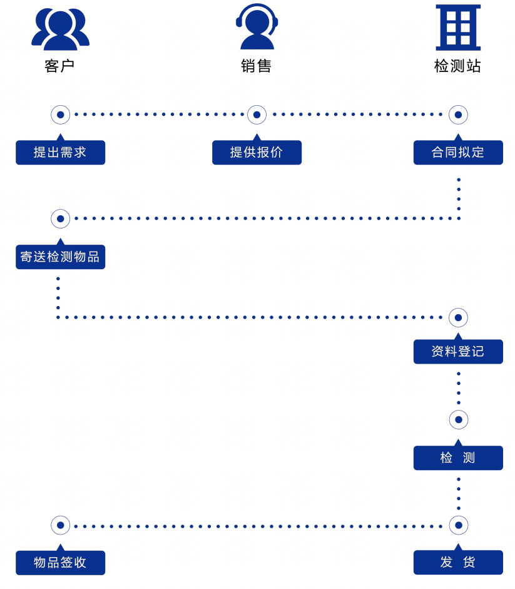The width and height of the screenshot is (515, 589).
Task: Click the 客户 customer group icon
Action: click(x=61, y=29)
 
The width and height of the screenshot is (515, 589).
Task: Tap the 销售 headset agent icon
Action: click(x=257, y=26)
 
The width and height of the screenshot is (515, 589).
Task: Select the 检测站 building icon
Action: click(x=458, y=28)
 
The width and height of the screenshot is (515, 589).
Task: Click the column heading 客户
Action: click(x=59, y=66)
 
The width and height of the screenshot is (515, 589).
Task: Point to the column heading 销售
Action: click(x=256, y=66)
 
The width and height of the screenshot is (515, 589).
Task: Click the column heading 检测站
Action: click(x=457, y=66)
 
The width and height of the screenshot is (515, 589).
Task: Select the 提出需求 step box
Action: click(x=61, y=152)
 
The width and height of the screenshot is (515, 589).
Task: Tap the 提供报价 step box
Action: click(x=257, y=152)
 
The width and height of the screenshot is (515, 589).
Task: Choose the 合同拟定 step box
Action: click(x=458, y=152)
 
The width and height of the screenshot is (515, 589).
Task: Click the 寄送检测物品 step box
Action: click(x=61, y=257)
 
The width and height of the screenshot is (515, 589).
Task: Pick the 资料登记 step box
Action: click(x=458, y=352)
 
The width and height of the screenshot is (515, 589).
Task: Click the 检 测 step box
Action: click(x=458, y=458)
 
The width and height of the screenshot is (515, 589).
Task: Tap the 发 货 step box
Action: click(x=458, y=562)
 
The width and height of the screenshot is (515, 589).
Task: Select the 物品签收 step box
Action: click(x=61, y=563)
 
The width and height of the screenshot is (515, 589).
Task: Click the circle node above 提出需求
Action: click(x=61, y=115)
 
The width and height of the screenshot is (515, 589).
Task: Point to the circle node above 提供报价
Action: click(x=257, y=115)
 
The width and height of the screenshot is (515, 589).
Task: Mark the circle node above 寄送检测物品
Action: click(x=61, y=218)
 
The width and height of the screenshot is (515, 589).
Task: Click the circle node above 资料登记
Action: click(x=458, y=318)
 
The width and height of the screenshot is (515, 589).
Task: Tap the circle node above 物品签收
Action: click(x=61, y=525)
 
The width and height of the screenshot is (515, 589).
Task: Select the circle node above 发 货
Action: click(x=459, y=525)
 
